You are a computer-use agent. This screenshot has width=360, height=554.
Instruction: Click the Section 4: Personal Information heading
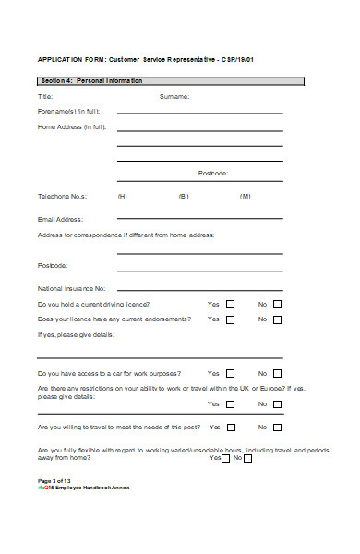coord(90,81)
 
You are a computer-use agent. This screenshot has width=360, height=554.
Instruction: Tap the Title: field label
coord(45,96)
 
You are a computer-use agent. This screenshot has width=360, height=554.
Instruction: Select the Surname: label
coord(174,96)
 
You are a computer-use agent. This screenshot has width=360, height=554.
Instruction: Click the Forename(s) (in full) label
coord(70,111)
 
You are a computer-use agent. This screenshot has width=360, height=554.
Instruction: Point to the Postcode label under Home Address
coord(213,173)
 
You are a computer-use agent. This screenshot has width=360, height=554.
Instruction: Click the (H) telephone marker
coord(123,196)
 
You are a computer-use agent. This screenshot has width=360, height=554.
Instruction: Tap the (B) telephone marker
coord(183,196)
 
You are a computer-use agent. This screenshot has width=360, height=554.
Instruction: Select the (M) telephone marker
coord(245,196)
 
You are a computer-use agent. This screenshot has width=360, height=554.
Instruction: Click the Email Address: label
coord(60,219)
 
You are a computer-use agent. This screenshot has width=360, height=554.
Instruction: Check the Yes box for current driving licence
coord(231,305)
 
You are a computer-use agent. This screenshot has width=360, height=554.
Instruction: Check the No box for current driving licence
coord(277,305)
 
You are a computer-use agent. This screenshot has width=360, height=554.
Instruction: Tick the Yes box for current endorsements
coord(231,319)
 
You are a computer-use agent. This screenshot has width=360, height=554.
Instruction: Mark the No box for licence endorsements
coord(277,319)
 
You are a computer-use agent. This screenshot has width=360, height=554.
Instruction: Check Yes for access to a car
coord(231,374)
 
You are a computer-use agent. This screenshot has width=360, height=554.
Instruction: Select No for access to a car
coord(277,374)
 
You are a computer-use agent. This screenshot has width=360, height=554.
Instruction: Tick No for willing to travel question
coord(277,428)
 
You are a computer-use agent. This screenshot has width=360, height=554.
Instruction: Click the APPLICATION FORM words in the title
coord(70,58)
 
